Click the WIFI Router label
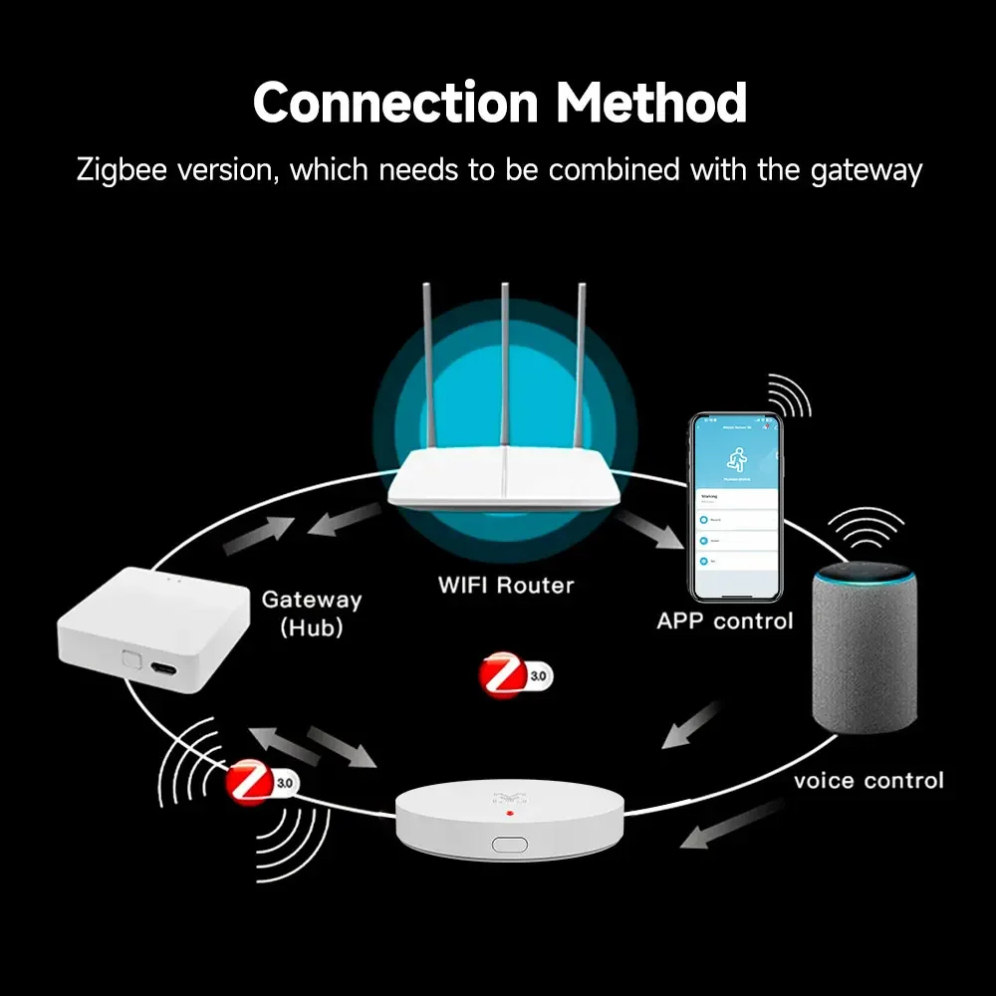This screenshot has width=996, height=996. tap(506, 585)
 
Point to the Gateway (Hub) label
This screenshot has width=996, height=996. tap(311, 614)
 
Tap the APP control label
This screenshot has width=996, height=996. tap(725, 621)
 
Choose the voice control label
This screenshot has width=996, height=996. tap(869, 780)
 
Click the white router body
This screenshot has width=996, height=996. tap(506, 484)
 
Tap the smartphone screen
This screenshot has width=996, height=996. tap(737, 508)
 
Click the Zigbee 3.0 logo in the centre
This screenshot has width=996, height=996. tap(514, 675)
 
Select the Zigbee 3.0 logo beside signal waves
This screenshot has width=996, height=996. tap(260, 782)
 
